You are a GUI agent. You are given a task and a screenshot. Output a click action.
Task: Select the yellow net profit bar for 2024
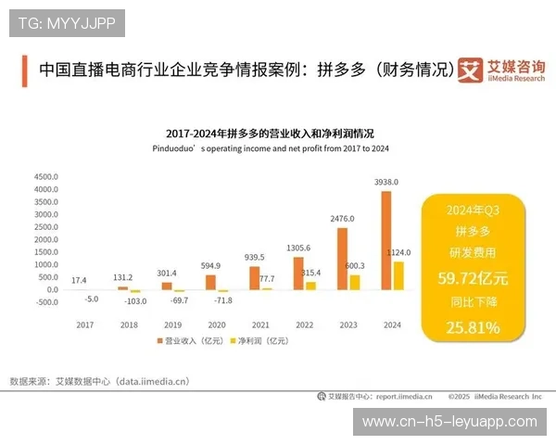pyautogui.click(x=398, y=275)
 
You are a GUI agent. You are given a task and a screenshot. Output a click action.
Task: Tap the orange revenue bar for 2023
pyautogui.click(x=342, y=259)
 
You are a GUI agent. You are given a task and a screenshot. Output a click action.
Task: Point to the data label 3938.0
pyautogui.click(x=385, y=182)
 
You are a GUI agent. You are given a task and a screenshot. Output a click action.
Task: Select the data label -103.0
pyautogui.click(x=137, y=302)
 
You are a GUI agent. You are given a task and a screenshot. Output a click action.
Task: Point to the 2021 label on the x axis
pyautogui.click(x=260, y=325)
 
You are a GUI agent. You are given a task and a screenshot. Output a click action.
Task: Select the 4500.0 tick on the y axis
pyautogui.click(x=45, y=176)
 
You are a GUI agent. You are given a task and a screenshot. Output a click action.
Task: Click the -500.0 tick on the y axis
pyautogui.click(x=45, y=302)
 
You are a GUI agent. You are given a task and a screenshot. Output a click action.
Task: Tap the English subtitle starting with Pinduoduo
pyautogui.click(x=270, y=148)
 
